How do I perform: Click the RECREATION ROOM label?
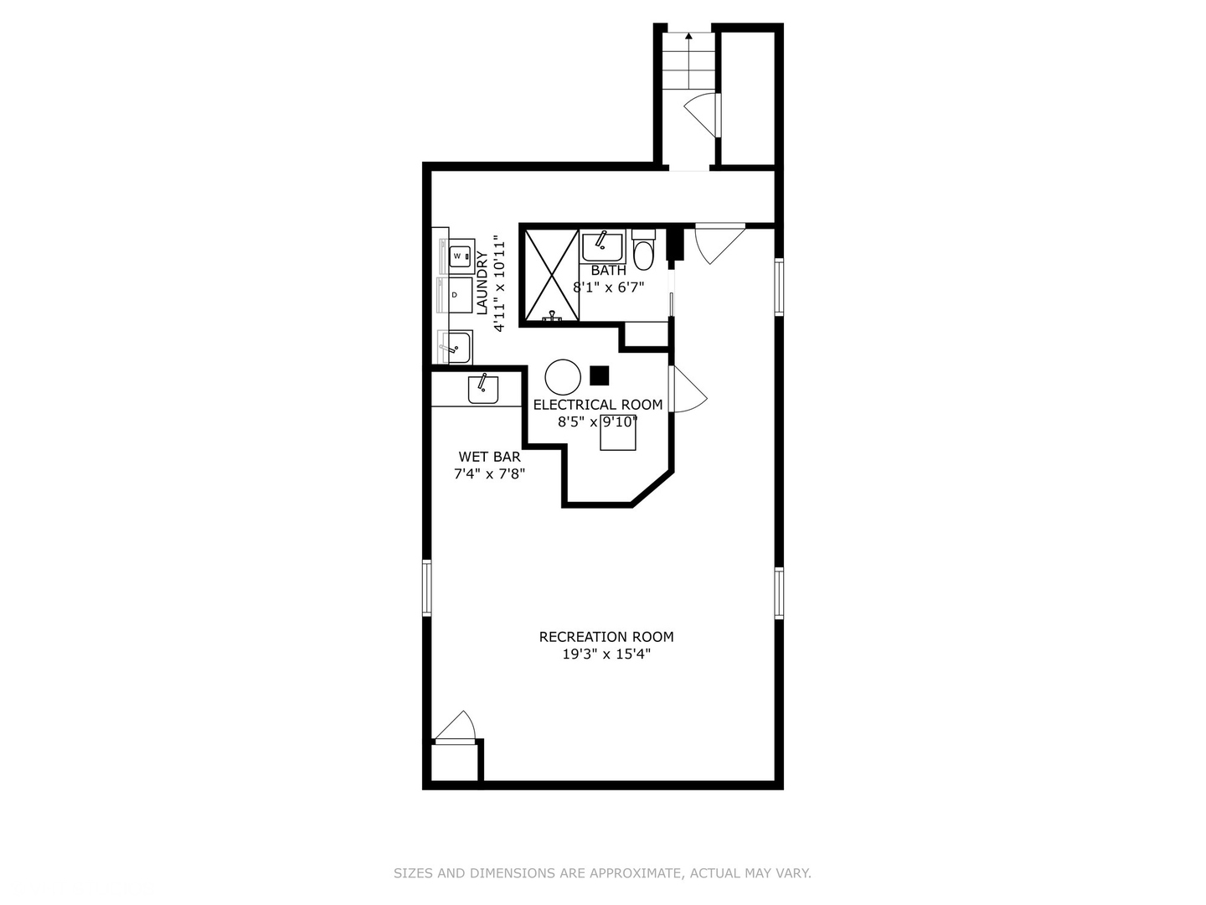[606, 637]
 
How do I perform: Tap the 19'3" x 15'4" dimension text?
[606, 654]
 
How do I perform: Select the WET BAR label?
[489, 457]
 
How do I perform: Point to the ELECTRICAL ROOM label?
[598, 405]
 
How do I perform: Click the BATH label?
[608, 271]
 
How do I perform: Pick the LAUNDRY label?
[482, 282]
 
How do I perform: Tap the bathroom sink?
[602, 246]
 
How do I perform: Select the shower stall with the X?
[551, 276]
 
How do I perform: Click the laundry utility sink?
[456, 346]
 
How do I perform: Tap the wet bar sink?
[483, 389]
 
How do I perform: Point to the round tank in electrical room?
[563, 377]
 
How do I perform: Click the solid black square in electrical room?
[599, 375]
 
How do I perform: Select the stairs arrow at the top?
[688, 38]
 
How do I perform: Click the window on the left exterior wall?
[426, 587]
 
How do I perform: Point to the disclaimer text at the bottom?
[602, 873]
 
